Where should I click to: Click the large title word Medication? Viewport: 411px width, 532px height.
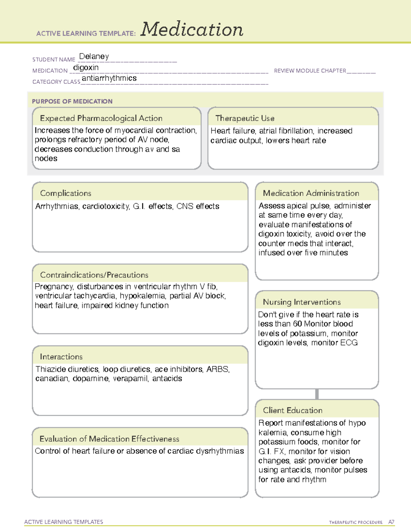pyautogui.click(x=192, y=29)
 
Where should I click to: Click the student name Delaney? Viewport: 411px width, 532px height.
pyautogui.click(x=94, y=56)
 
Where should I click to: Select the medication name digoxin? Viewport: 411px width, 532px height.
pyautogui.click(x=86, y=67)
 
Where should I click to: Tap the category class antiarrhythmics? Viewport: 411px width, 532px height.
pyautogui.click(x=109, y=78)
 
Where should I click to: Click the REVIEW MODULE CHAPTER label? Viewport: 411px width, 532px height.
pyautogui.click(x=310, y=71)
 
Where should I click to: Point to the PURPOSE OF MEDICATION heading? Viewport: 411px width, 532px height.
pyautogui.click(x=72, y=101)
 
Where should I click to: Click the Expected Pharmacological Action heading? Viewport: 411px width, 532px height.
pyautogui.click(x=101, y=118)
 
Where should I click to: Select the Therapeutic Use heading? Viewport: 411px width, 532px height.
pyautogui.click(x=245, y=118)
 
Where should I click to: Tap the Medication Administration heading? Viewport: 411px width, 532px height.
pyautogui.click(x=311, y=193)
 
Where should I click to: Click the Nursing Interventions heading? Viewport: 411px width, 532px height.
pyautogui.click(x=302, y=302)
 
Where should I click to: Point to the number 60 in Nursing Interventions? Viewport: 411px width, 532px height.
pyautogui.click(x=297, y=324)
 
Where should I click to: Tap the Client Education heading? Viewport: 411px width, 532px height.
pyautogui.click(x=292, y=410)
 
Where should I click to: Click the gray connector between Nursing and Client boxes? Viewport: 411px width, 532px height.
pyautogui.click(x=317, y=394)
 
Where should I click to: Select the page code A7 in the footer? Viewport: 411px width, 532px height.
pyautogui.click(x=391, y=522)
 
